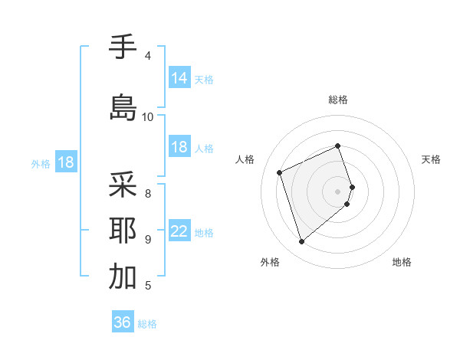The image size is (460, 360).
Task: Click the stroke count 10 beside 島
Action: click(x=148, y=116)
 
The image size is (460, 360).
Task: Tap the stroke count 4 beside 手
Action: click(x=148, y=56)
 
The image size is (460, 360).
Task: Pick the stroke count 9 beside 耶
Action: click(x=148, y=240)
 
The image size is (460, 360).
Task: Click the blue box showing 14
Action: click(x=179, y=77)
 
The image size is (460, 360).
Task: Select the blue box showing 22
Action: click(x=179, y=231)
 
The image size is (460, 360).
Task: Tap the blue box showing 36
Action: click(x=123, y=322)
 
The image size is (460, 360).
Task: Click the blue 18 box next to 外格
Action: click(x=65, y=162)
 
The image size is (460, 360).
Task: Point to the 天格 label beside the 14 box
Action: click(x=204, y=79)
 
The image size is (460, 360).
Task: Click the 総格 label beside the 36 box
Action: click(x=147, y=324)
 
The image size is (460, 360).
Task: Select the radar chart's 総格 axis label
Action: click(x=338, y=100)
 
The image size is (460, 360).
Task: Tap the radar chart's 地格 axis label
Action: click(x=402, y=262)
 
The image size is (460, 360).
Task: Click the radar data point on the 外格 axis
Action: click(x=301, y=242)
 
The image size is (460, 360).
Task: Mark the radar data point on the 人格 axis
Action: click(x=280, y=172)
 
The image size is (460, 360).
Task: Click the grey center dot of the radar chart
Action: click(x=338, y=191)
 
